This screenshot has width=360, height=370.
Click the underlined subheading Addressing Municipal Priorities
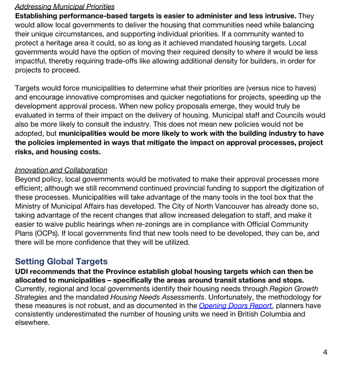point(65,7)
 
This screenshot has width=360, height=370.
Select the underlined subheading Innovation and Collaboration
point(61,170)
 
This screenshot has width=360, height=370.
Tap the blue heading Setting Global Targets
point(61,261)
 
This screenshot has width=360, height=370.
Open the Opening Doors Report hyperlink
point(235,306)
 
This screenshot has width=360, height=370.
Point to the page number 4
point(325,352)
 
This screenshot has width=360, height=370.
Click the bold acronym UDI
point(24,271)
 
